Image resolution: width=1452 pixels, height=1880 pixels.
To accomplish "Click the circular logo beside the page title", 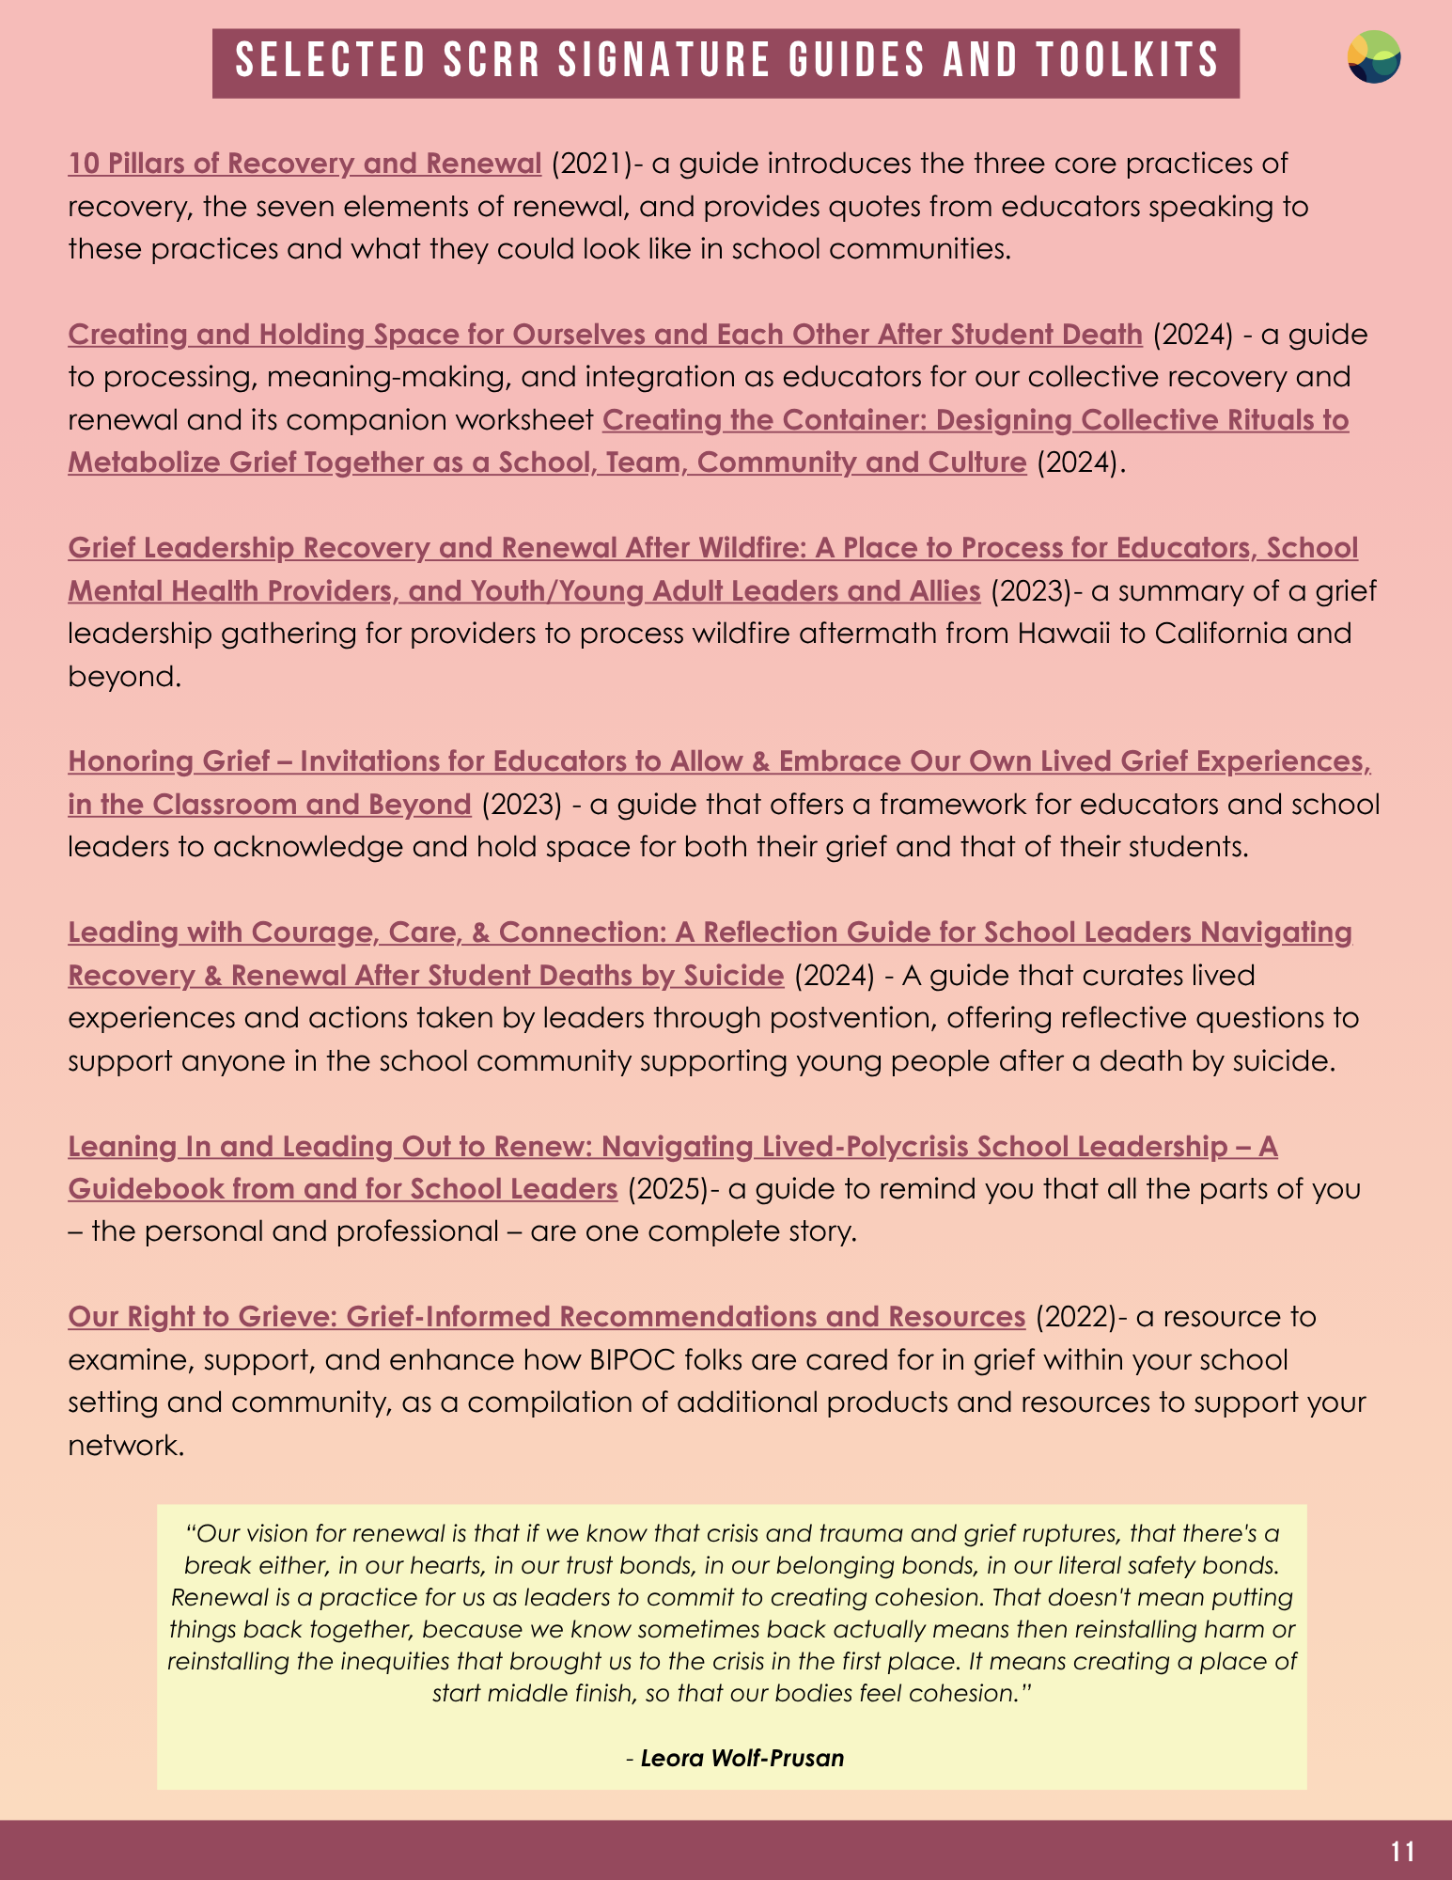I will coord(1373,57).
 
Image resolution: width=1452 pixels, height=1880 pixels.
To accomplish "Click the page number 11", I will coord(1402,1851).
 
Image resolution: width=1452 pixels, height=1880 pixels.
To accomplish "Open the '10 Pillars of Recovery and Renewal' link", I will coord(304,164).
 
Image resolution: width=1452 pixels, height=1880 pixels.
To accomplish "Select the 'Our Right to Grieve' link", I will coord(546,1317).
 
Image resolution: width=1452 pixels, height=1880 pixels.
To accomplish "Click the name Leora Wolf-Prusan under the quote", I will coord(742,1758).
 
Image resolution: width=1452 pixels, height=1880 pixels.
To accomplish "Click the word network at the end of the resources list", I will coord(124,1446).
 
